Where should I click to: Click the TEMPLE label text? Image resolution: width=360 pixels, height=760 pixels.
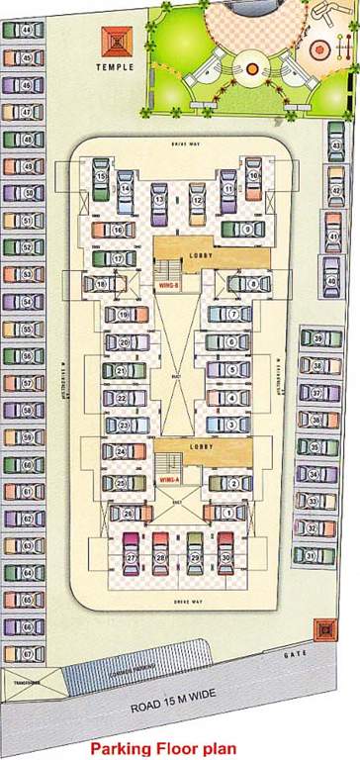[115, 67]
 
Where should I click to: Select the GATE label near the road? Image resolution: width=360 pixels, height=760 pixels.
[292, 655]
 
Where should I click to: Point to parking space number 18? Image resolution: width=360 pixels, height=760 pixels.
[102, 285]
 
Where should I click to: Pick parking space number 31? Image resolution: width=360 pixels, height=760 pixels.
[312, 555]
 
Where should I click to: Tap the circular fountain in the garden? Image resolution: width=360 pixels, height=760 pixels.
[251, 67]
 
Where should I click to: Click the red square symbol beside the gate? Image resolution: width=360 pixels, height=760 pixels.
[321, 628]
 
